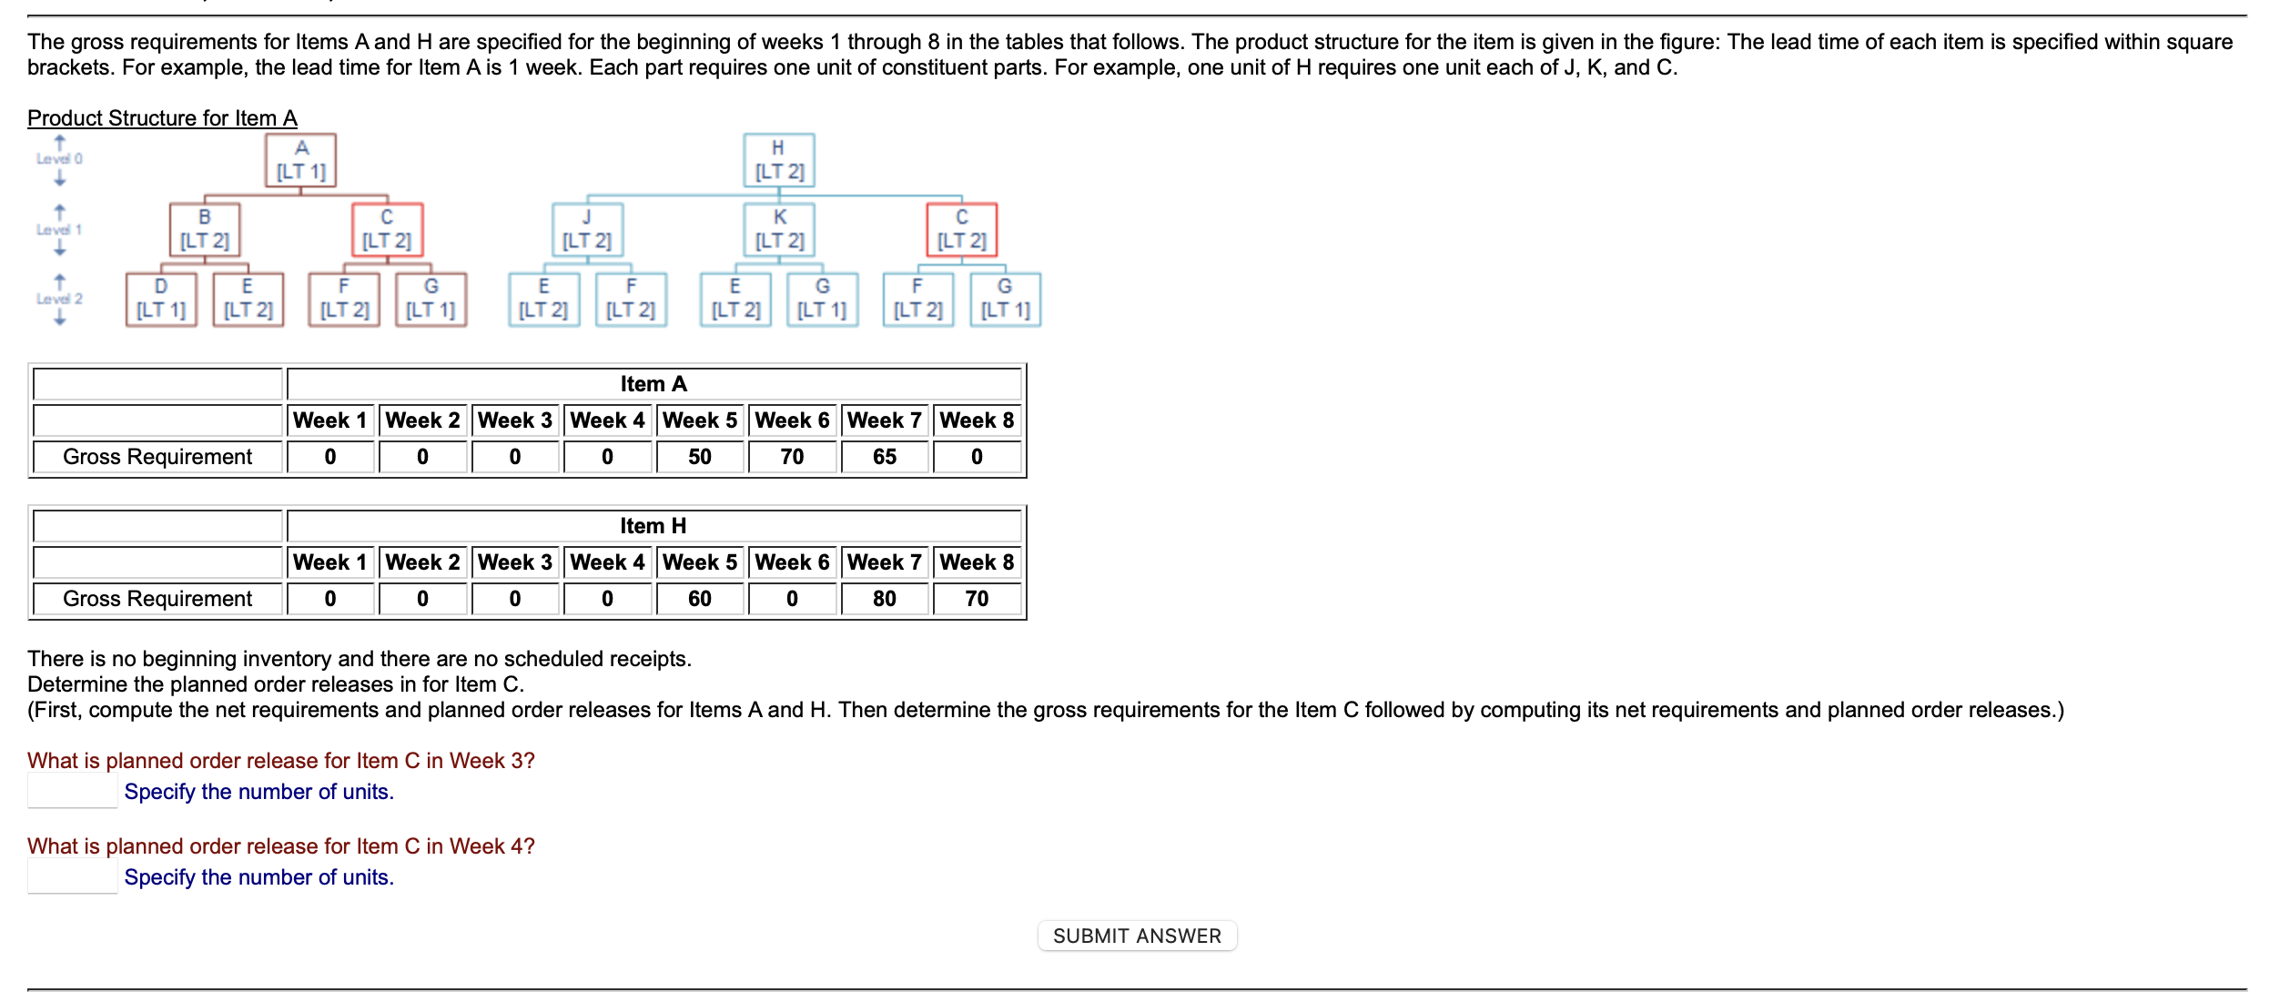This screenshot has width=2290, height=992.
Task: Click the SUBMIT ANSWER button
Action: [1137, 936]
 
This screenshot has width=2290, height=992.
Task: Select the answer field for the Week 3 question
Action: [72, 791]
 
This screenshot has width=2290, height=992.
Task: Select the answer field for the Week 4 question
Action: [72, 876]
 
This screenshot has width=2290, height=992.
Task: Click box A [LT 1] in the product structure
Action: [300, 160]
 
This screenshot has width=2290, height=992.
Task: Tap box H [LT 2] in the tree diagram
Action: [778, 160]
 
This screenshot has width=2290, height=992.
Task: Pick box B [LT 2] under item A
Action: [205, 229]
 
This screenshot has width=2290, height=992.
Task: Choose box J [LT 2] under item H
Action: [587, 229]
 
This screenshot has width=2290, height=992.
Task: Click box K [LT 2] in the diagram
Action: [779, 229]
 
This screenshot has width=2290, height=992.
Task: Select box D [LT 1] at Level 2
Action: [161, 299]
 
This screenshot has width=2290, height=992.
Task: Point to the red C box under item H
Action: [961, 229]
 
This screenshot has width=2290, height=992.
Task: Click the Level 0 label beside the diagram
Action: [59, 158]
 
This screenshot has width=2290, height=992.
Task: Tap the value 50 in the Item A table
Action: [699, 457]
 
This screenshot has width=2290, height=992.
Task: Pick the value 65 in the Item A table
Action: [884, 457]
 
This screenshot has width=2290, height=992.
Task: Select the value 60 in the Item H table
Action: [699, 599]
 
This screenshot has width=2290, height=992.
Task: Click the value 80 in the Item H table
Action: [884, 599]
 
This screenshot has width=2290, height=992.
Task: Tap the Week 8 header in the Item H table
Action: [976, 562]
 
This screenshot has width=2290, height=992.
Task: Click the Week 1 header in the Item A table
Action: [329, 420]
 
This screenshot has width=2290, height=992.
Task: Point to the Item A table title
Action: [654, 384]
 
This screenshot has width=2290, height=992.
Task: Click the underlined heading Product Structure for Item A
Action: [162, 118]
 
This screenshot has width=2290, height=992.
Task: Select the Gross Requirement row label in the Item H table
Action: [157, 599]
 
